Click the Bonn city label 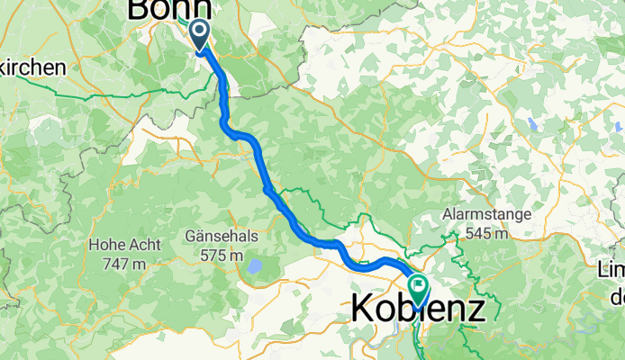[170, 9]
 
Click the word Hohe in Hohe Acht [107, 244]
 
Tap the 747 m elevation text [125, 263]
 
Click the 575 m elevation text [222, 255]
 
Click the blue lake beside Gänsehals [257, 266]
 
